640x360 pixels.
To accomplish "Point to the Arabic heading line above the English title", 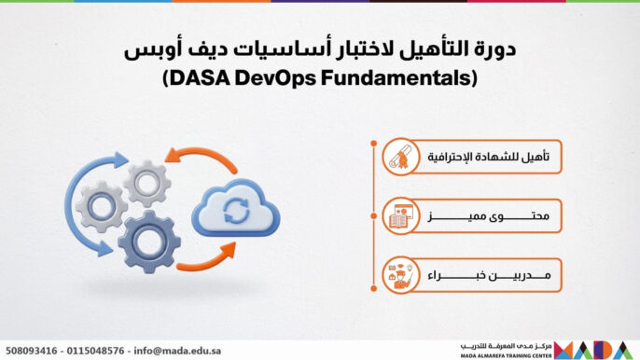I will point(319,48).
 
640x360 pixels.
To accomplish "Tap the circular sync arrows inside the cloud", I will point(236,212).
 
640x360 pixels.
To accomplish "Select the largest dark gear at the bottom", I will point(148,241).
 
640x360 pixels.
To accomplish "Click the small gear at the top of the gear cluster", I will point(146,183).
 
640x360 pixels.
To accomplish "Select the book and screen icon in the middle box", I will point(400,218).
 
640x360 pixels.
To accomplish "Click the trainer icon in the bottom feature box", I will point(400,277).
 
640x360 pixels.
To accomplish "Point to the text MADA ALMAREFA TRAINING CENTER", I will point(506,354).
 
